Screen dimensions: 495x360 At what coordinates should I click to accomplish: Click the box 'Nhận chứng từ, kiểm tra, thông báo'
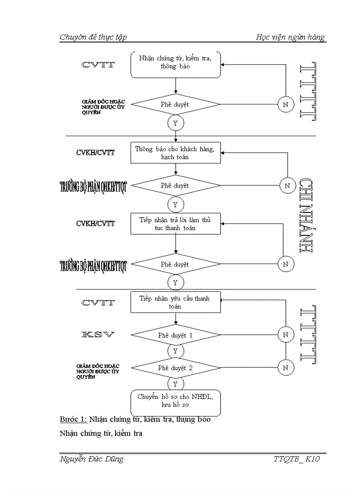(x=176, y=65)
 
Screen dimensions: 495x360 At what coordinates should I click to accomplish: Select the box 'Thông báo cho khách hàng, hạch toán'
(x=176, y=153)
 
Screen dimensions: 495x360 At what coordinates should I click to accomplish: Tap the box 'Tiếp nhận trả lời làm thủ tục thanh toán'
(x=176, y=224)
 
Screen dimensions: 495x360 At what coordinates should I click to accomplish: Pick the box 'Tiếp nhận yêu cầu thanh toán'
(x=176, y=302)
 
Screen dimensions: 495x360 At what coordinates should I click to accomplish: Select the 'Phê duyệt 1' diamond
(x=176, y=335)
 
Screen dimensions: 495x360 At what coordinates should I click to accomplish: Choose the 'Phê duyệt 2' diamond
(x=176, y=367)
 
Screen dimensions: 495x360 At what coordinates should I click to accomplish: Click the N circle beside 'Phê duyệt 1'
(x=286, y=335)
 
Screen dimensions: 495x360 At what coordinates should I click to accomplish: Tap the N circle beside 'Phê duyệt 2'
(x=286, y=367)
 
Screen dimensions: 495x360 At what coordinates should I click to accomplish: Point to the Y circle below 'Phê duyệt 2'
(x=176, y=383)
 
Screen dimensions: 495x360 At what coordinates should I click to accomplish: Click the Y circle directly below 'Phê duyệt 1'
(x=176, y=351)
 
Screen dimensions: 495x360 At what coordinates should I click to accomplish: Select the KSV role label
(x=98, y=335)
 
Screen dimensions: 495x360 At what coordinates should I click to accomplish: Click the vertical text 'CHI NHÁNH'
(x=306, y=216)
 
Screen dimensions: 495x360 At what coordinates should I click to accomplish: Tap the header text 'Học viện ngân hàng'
(x=290, y=37)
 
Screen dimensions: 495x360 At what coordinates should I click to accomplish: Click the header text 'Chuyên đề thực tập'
(x=93, y=37)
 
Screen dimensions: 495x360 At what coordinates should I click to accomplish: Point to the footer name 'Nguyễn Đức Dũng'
(x=91, y=459)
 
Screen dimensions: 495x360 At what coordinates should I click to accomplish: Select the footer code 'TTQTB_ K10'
(x=296, y=459)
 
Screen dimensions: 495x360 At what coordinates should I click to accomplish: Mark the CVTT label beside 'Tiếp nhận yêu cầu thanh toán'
(x=98, y=303)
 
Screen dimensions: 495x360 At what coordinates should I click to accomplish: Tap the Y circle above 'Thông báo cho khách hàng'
(x=176, y=123)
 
